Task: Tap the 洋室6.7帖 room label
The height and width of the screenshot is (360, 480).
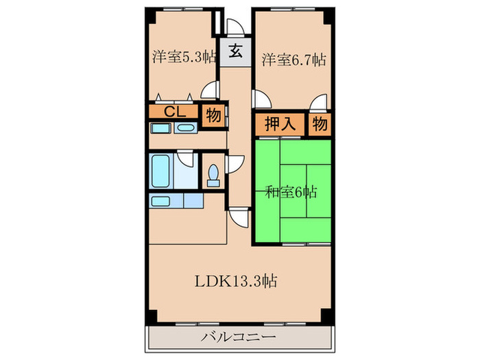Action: pos(293,60)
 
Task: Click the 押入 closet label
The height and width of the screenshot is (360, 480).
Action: pos(280,125)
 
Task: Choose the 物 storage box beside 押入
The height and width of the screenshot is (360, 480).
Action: pos(319,125)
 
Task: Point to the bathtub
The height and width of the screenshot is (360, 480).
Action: pos(161,171)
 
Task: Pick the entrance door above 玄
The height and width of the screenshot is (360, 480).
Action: pos(234,27)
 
